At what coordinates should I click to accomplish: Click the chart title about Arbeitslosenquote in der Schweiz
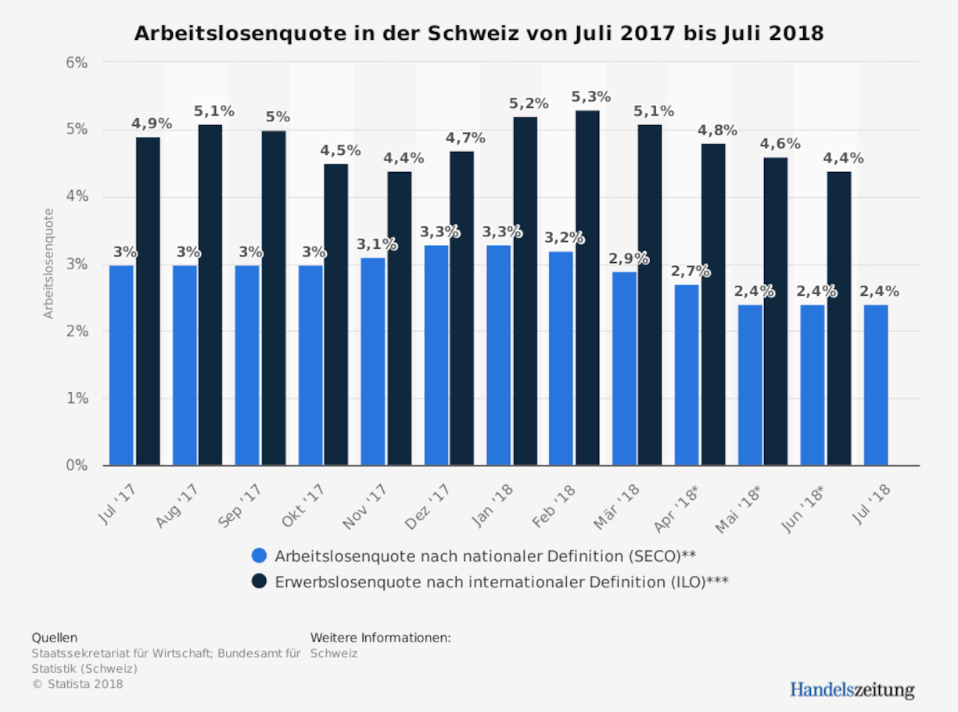point(479,34)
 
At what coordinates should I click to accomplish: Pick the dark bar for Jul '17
point(148,301)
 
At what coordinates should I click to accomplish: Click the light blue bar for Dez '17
point(436,355)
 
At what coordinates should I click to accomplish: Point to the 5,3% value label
point(590,97)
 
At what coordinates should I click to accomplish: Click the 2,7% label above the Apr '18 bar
point(690,271)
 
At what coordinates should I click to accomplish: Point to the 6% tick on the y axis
point(75,62)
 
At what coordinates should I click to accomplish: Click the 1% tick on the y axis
point(75,398)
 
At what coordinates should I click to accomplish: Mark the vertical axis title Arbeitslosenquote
point(48,263)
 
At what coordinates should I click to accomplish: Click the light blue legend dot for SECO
point(259,556)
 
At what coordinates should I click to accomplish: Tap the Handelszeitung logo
point(851,689)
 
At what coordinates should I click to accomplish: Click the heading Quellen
point(54,638)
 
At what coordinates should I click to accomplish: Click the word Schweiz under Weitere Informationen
point(333,653)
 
